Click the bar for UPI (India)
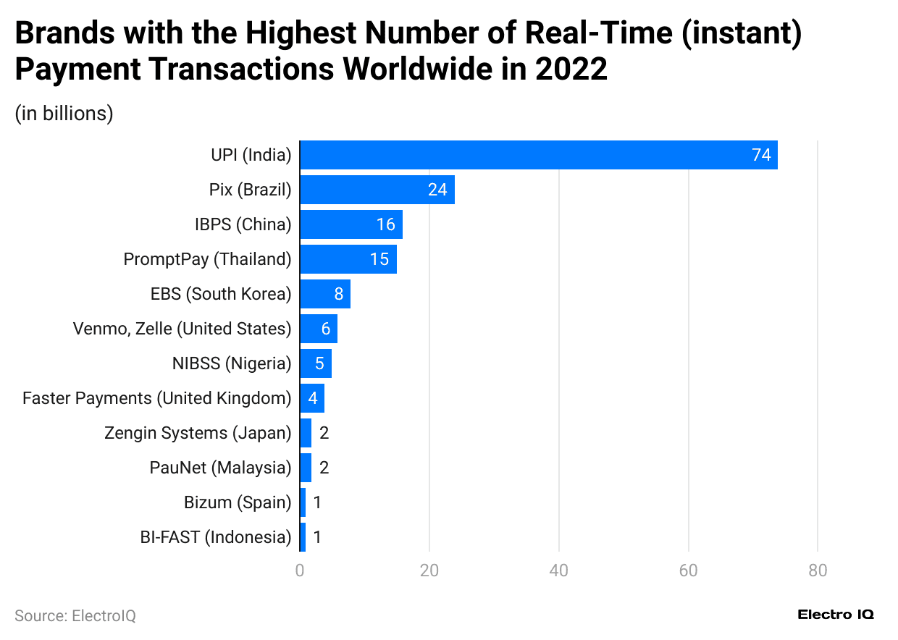pos(538,155)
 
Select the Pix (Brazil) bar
pos(377,190)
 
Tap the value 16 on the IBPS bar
pos(385,224)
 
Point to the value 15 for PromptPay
pos(379,259)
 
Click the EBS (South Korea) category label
pos(220,294)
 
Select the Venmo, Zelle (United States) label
pos(182,329)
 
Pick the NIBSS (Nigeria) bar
pos(316,363)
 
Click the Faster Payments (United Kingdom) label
pos(156,398)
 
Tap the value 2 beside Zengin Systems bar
pos(324,433)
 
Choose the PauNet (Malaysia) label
pos(220,468)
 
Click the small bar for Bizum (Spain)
pos(303,502)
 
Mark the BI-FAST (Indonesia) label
pos(215,537)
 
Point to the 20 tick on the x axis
pos(429,570)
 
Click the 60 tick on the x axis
pos(688,570)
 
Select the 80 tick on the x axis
pos(818,570)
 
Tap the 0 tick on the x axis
pos(300,570)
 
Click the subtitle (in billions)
pos(64,114)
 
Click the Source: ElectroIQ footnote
pos(75,615)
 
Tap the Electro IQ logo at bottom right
pos(836,614)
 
